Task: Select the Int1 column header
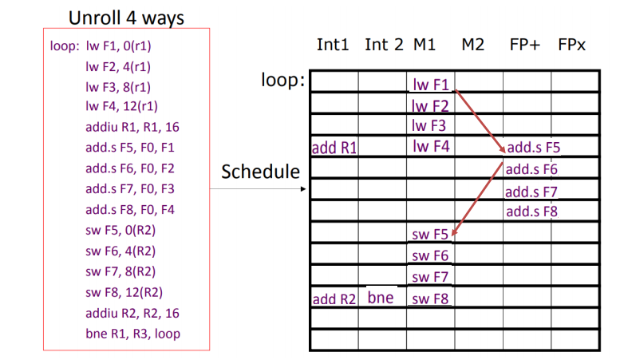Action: point(333,45)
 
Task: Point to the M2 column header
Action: point(472,45)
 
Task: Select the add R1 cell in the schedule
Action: point(334,148)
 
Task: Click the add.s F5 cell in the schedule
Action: point(534,148)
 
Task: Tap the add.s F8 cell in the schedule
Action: point(534,212)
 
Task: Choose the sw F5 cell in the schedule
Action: point(431,234)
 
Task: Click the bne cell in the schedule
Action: point(381,299)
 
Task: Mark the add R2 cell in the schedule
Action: point(334,299)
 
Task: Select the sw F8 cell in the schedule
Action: point(431,299)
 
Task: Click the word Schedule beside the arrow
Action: point(260,171)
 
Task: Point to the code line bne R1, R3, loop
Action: point(132,333)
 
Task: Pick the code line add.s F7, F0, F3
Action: point(129,188)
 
